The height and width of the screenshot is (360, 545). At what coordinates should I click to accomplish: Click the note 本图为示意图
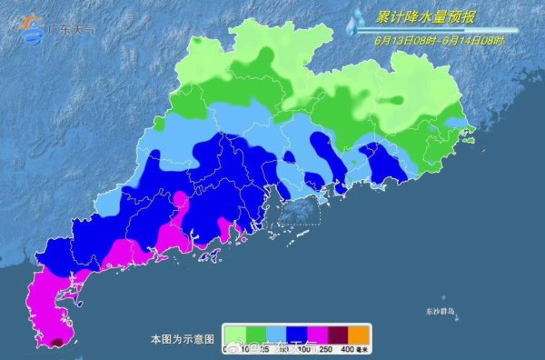tap(183, 338)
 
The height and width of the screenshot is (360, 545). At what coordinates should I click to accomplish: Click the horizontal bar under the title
tap(436, 31)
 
